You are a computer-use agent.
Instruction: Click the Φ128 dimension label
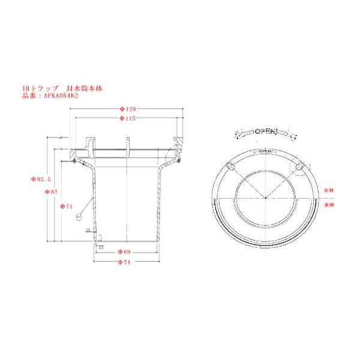pos(127,109)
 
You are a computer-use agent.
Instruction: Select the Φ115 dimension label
pos(127,118)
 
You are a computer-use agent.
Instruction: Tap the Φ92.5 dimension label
pos(41,179)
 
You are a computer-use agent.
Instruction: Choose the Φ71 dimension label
pos(67,205)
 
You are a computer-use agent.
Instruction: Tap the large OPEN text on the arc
pos(264,131)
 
